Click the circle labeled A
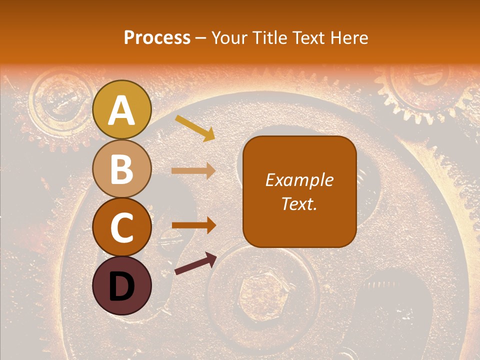(x=121, y=109)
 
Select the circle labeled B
(x=121, y=168)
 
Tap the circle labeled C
(x=121, y=227)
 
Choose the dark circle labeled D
(x=121, y=285)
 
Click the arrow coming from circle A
(x=195, y=128)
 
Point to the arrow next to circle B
(x=193, y=171)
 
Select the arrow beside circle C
(x=193, y=225)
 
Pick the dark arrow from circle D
(x=195, y=264)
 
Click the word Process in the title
(x=157, y=37)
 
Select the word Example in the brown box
(x=299, y=180)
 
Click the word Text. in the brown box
(x=299, y=203)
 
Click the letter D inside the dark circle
(x=121, y=286)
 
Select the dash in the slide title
(x=200, y=38)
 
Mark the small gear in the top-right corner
(x=420, y=85)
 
